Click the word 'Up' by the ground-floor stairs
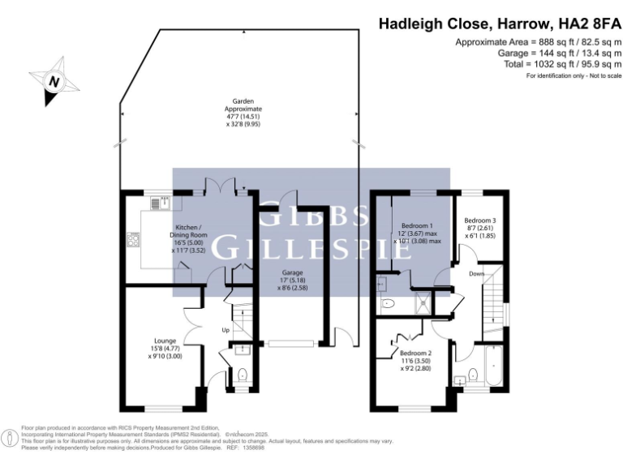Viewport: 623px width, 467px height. pos(226,330)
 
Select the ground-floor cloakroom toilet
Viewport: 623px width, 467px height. pos(243,375)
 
